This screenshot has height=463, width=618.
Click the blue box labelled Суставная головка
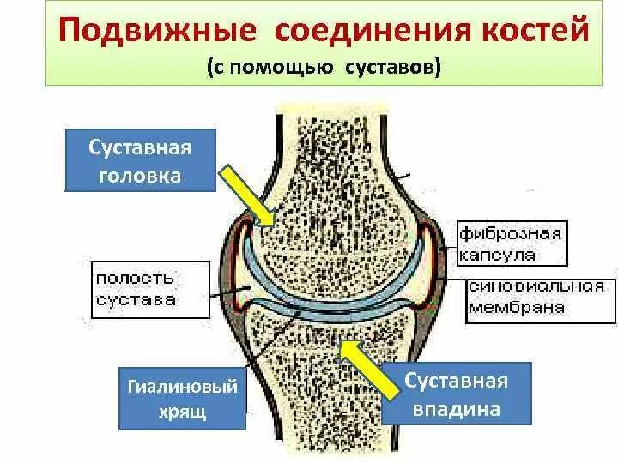140,160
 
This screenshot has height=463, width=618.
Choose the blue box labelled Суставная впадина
457,394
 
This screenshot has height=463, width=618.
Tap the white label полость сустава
147,289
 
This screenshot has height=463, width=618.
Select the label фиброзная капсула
510,244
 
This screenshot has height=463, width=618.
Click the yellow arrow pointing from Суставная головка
246,195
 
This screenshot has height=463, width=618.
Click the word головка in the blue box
140,176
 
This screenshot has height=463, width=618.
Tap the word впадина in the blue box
457,409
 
